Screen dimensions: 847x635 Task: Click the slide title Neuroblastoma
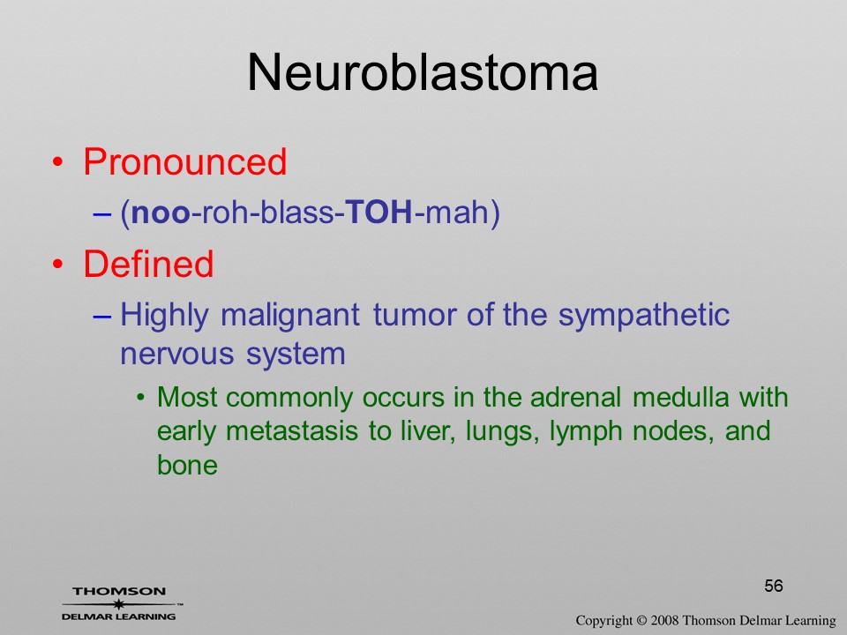423,72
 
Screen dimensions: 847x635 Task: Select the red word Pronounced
184,161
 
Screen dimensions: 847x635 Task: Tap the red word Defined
148,264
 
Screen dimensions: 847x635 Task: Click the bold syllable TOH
379,212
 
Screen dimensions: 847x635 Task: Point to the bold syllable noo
161,213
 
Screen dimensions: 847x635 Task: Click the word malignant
290,316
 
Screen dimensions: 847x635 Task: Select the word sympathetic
644,316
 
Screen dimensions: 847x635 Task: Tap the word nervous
177,355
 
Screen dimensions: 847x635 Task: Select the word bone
187,465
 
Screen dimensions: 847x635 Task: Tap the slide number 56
774,586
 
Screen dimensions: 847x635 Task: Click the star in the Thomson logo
118,603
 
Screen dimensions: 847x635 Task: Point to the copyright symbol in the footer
641,620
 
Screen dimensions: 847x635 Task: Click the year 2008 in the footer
664,620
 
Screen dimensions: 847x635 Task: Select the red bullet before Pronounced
58,162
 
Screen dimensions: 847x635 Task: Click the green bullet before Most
141,399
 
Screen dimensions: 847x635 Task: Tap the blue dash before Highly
102,316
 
